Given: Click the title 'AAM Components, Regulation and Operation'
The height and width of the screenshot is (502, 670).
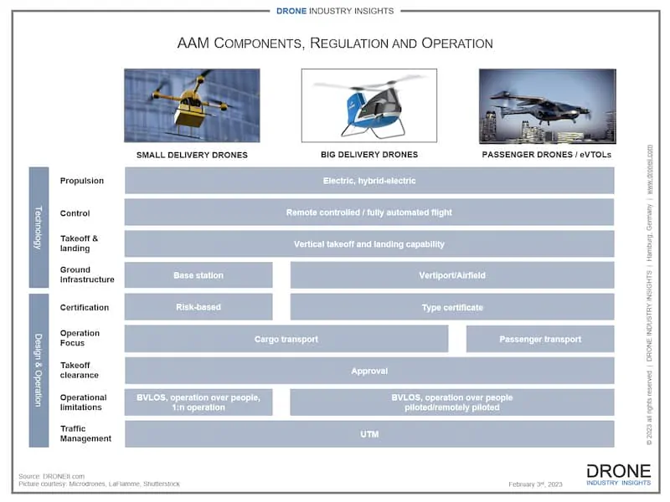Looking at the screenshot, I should (335, 43).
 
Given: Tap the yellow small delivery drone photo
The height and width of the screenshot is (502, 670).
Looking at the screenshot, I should (192, 105).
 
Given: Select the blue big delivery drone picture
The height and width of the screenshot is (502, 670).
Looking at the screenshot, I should (368, 105).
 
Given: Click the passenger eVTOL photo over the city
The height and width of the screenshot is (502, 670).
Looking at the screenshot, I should (547, 105).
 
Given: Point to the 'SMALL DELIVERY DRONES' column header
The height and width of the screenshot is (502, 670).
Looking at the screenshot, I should (192, 155).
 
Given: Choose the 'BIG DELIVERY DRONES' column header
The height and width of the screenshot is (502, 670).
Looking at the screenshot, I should (368, 155).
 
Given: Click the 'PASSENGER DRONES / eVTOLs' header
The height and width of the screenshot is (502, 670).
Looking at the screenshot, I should (547, 155).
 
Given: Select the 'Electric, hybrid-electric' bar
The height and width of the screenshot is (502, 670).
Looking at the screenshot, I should (368, 181).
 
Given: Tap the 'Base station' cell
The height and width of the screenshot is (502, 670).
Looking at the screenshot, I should (198, 275).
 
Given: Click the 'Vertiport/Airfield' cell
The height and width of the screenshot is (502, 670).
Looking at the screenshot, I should (451, 275).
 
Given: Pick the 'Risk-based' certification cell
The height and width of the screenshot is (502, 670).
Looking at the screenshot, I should (198, 307).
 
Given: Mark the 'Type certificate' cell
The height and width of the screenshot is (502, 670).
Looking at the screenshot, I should (451, 307).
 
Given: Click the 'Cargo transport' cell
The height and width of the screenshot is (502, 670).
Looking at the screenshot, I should (286, 339).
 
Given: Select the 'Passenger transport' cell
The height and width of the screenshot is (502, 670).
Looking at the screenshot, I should (539, 339).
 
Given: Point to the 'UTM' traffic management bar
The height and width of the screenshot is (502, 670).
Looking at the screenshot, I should (368, 434).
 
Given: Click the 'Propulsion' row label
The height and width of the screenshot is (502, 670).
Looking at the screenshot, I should (82, 181).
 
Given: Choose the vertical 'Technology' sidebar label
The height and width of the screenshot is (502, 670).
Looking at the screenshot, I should (39, 228).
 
